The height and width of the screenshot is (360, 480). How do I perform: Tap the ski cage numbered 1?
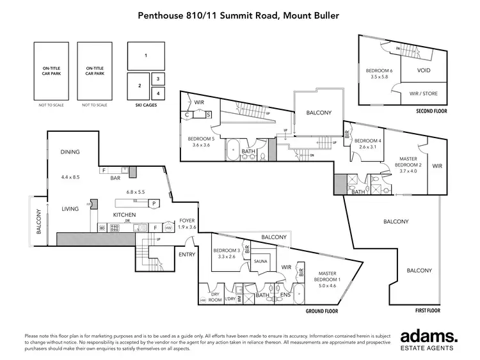pos(146,56)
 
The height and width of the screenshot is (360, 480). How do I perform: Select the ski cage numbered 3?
pos(158,79)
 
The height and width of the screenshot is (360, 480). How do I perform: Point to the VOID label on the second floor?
pos(423,70)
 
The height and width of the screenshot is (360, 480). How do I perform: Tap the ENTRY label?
pos(188,254)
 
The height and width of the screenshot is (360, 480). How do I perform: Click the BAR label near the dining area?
pos(116,178)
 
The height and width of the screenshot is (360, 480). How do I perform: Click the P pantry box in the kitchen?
pos(154,203)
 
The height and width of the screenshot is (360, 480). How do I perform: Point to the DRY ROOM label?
pos(215,296)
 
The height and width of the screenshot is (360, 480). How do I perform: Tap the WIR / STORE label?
pos(423,94)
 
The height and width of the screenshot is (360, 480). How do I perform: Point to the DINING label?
pos(70,152)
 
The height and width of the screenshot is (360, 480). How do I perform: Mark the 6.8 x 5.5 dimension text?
pos(136,192)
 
